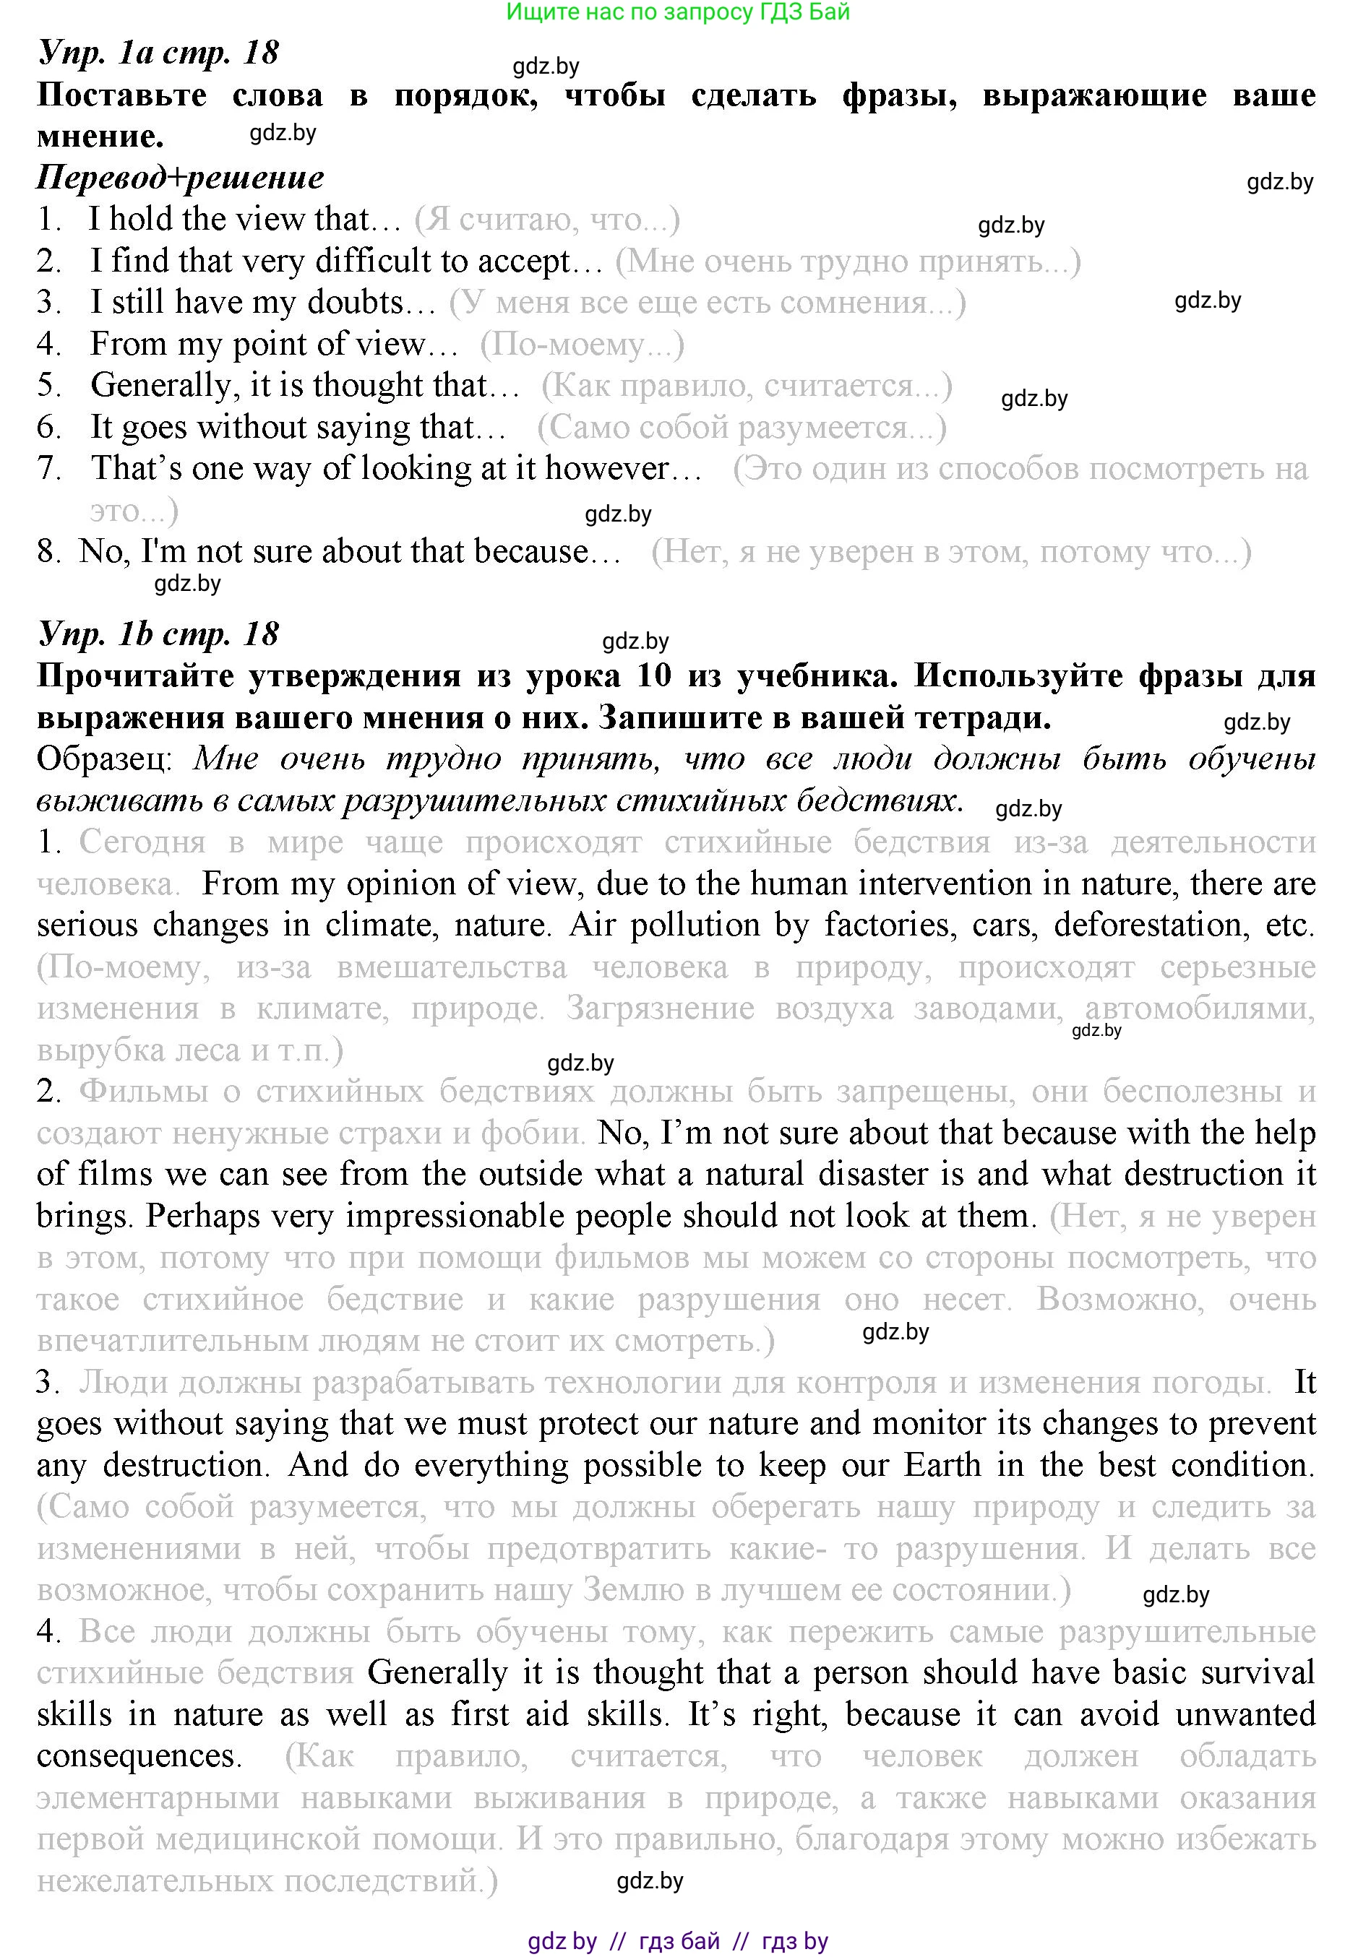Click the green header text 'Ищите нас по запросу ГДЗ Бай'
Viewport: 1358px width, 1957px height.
(x=677, y=12)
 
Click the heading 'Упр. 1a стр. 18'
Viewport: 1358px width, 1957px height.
(x=158, y=53)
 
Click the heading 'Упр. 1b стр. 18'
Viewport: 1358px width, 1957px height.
(x=158, y=634)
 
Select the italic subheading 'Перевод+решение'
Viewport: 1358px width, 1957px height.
(x=181, y=178)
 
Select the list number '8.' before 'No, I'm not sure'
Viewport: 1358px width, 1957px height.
(x=49, y=552)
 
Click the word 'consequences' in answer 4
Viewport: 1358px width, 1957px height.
(x=139, y=1755)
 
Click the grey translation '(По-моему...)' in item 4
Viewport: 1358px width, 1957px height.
(x=582, y=345)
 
